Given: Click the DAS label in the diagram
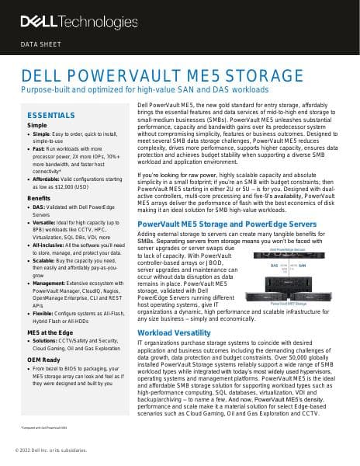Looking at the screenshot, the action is point(274,265).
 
